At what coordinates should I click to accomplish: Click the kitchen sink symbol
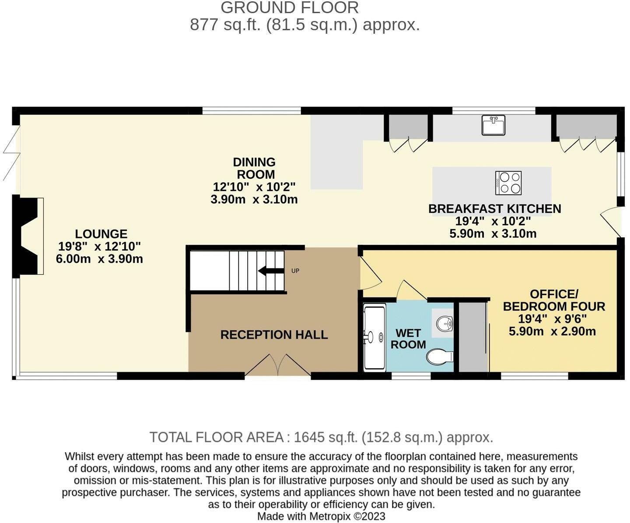coord(493,125)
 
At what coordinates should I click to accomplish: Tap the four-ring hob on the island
coord(508,183)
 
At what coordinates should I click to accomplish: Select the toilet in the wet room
coord(439,357)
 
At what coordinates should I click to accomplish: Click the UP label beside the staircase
coord(295,271)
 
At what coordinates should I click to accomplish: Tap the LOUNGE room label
coord(101,234)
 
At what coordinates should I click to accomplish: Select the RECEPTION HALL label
coord(274,335)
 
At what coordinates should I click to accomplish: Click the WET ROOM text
coord(408,339)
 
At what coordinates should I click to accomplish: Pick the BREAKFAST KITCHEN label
coord(494,208)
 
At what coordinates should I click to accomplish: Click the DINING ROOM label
coord(254,168)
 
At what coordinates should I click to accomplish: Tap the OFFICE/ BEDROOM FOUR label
coord(554,300)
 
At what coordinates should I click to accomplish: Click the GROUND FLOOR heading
coord(289,8)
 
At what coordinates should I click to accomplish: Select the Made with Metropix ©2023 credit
coord(321,516)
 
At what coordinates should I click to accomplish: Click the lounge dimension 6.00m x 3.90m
coord(99,259)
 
